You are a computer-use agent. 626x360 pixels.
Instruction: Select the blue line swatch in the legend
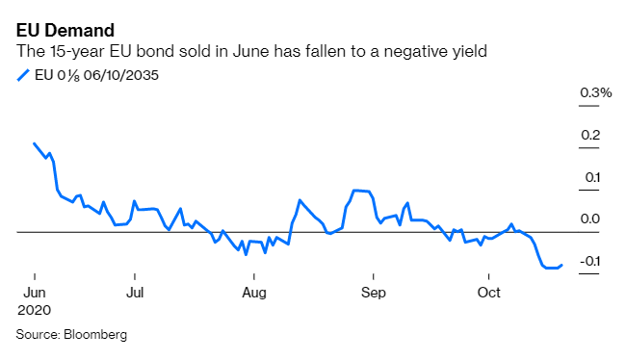pyautogui.click(x=23, y=74)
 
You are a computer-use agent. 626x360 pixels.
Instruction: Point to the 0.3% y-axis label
pyautogui.click(x=595, y=93)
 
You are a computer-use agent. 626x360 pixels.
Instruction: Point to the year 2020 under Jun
pyautogui.click(x=34, y=311)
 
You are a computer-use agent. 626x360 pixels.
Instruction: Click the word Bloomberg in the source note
pyautogui.click(x=95, y=335)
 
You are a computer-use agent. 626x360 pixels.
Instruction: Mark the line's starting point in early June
pyautogui.click(x=34, y=143)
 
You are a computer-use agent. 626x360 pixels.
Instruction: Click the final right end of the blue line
pyautogui.click(x=561, y=265)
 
